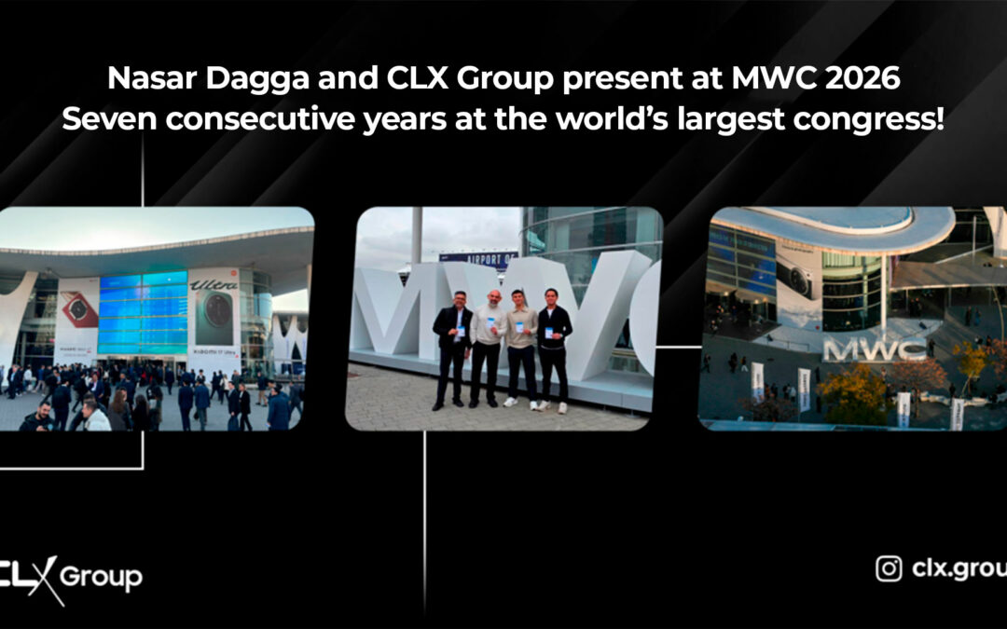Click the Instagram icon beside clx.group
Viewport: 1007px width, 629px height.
(x=889, y=567)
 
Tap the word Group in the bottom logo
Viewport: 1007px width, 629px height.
(x=101, y=577)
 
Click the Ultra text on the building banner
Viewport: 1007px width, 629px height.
(x=214, y=283)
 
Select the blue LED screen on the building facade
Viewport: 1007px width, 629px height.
(x=143, y=312)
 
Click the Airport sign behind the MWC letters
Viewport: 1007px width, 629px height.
(x=477, y=259)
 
